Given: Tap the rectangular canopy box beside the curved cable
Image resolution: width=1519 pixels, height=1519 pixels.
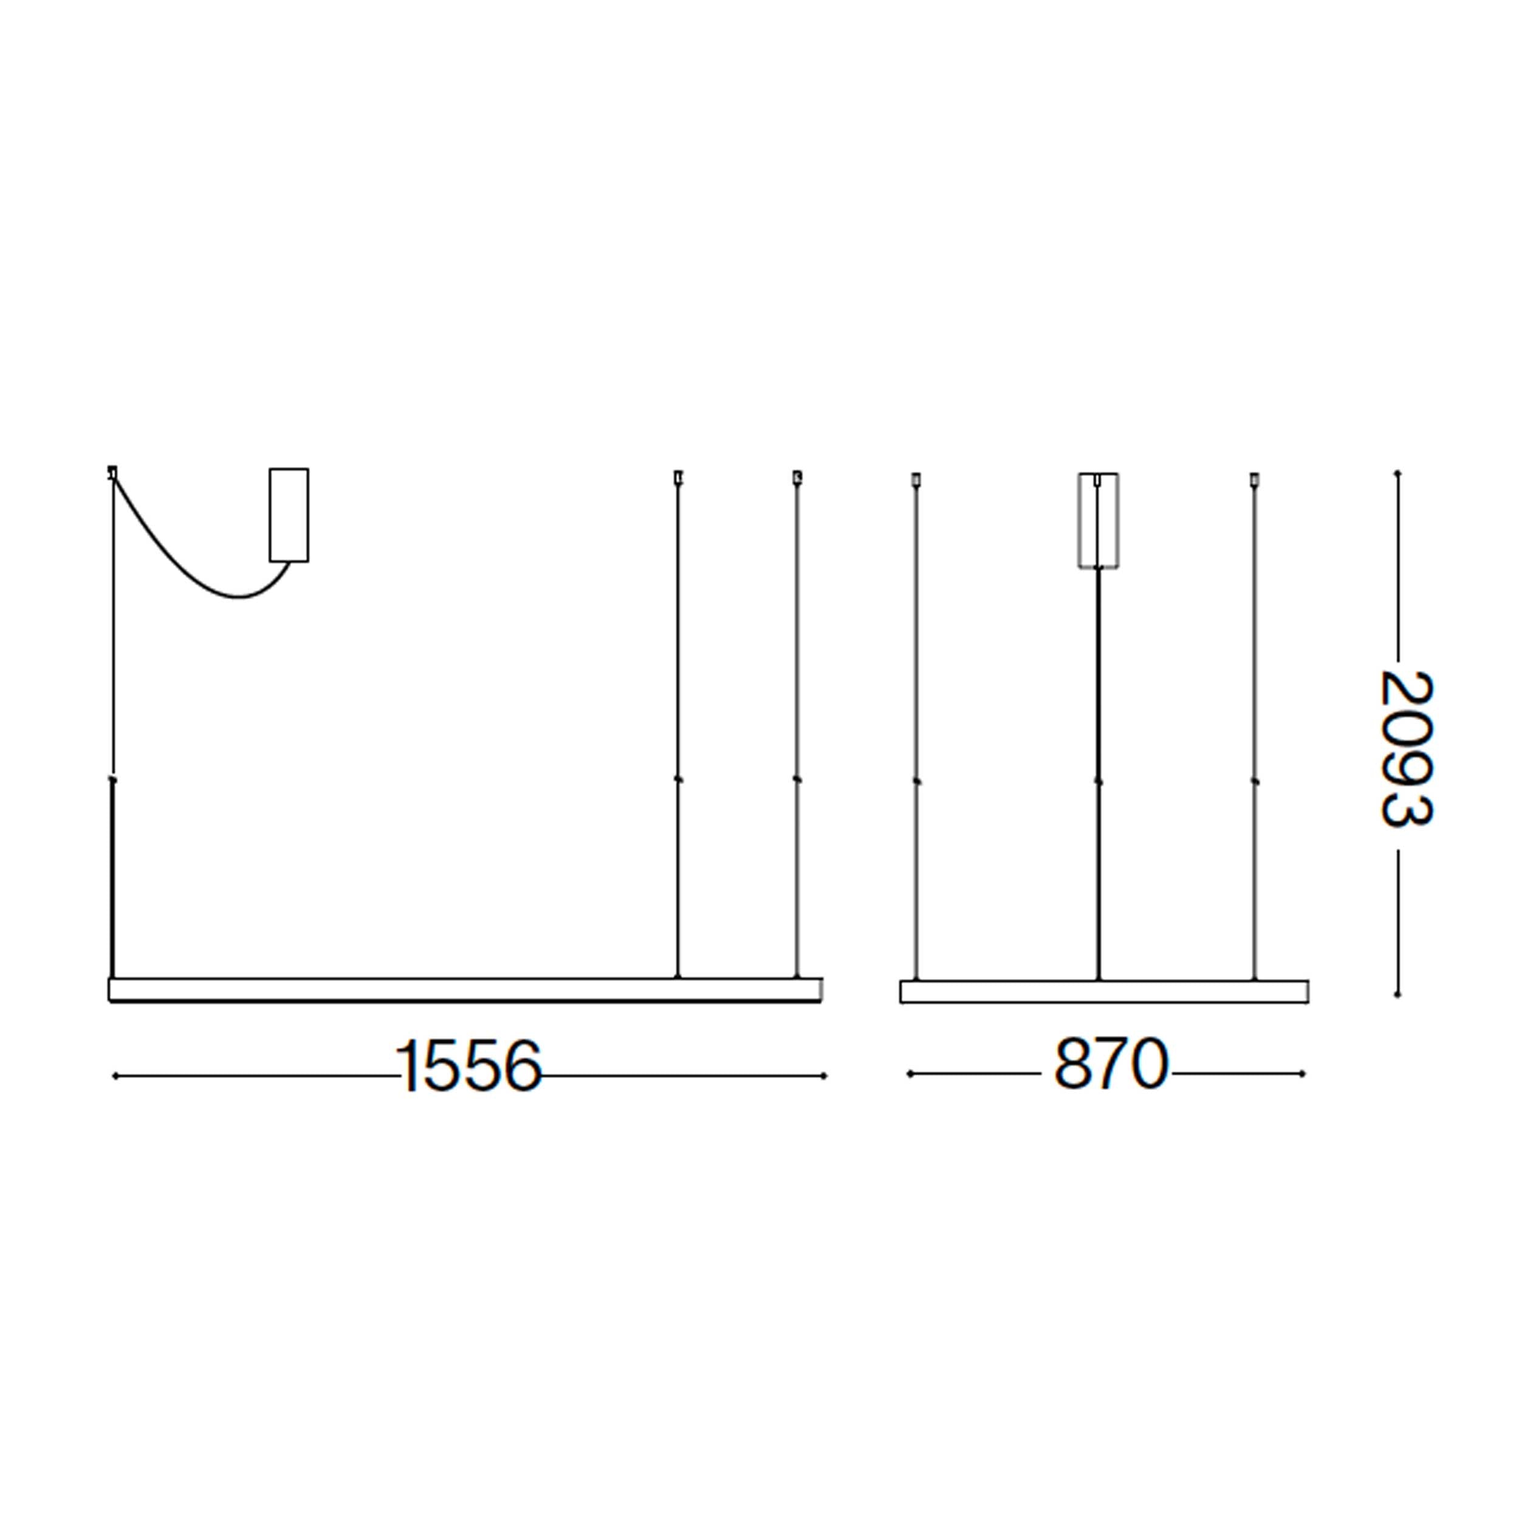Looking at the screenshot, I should point(289,515).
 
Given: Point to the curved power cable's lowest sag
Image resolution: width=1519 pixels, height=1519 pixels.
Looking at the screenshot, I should point(241,597).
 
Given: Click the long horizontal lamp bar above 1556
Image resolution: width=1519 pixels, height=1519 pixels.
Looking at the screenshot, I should point(464,990).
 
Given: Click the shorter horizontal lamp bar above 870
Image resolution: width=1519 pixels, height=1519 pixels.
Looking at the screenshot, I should point(1104,992).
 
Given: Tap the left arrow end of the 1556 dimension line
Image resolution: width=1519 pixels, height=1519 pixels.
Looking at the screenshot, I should point(115,1075).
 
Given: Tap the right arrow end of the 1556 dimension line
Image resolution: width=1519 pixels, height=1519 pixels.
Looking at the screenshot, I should point(824,1075).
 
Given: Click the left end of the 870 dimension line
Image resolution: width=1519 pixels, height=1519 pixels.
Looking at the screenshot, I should point(910,1073).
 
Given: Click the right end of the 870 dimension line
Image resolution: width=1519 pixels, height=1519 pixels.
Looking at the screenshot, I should point(1303,1073).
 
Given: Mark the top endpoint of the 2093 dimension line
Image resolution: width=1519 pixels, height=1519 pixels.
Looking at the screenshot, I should point(1397,474).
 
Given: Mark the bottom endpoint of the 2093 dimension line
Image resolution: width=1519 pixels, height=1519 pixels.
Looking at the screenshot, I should point(1397,995).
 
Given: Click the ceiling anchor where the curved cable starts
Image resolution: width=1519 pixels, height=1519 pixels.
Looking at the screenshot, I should point(112,473).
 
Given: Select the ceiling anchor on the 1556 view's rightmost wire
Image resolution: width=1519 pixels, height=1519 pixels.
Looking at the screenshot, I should point(797,476).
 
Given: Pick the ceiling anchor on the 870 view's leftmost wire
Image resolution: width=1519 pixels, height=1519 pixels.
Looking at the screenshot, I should point(915,478).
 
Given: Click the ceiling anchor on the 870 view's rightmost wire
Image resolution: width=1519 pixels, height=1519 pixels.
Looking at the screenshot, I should point(1254,478).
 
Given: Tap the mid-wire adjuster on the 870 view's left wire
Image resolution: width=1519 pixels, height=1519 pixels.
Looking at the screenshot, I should point(916,781).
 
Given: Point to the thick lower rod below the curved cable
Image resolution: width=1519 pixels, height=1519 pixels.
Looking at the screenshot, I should point(113,880).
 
